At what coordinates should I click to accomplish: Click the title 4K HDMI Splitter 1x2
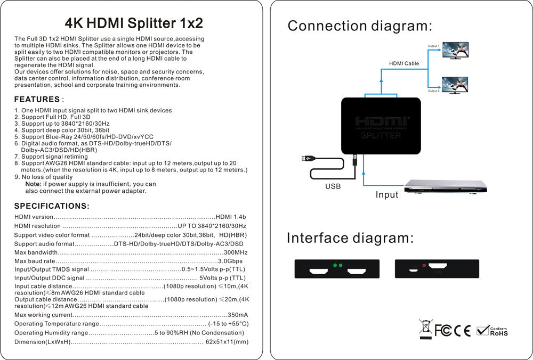pos(133,23)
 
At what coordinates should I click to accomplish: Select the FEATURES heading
pos(37,99)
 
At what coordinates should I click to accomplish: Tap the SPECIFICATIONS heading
pos(52,206)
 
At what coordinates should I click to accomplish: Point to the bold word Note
pos(34,184)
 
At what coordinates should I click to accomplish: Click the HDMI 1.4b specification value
pos(231,217)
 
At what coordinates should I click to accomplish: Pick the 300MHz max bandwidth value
pos(236,252)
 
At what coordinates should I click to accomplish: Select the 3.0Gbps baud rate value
pos(230,261)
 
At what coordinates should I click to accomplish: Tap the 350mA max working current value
pos(238,315)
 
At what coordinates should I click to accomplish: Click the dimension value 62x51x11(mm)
pos(227,342)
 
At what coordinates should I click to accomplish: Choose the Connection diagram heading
pos(360,26)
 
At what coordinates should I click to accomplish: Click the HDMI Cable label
pos(403,63)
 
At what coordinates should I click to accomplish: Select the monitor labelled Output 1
pos(455,51)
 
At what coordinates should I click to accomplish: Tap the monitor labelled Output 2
pos(455,85)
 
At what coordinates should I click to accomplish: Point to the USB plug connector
pos(308,158)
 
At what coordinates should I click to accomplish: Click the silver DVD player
pos(446,186)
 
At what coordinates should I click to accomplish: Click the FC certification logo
pos(443,331)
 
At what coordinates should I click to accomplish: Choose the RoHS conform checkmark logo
pos(491,331)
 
